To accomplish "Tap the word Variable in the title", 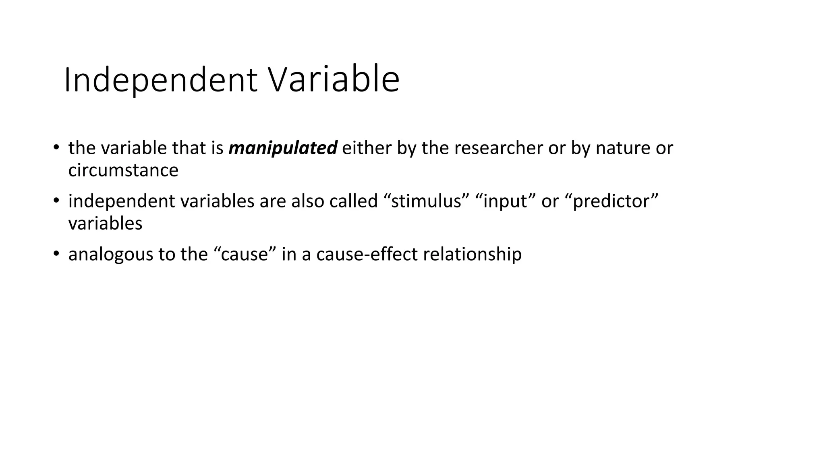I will click(334, 80).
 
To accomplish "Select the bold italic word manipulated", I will click(283, 148).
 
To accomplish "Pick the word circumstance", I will click(123, 170).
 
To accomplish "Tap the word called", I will click(353, 201).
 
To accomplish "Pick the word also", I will click(308, 201).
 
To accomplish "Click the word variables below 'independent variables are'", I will click(105, 224).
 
